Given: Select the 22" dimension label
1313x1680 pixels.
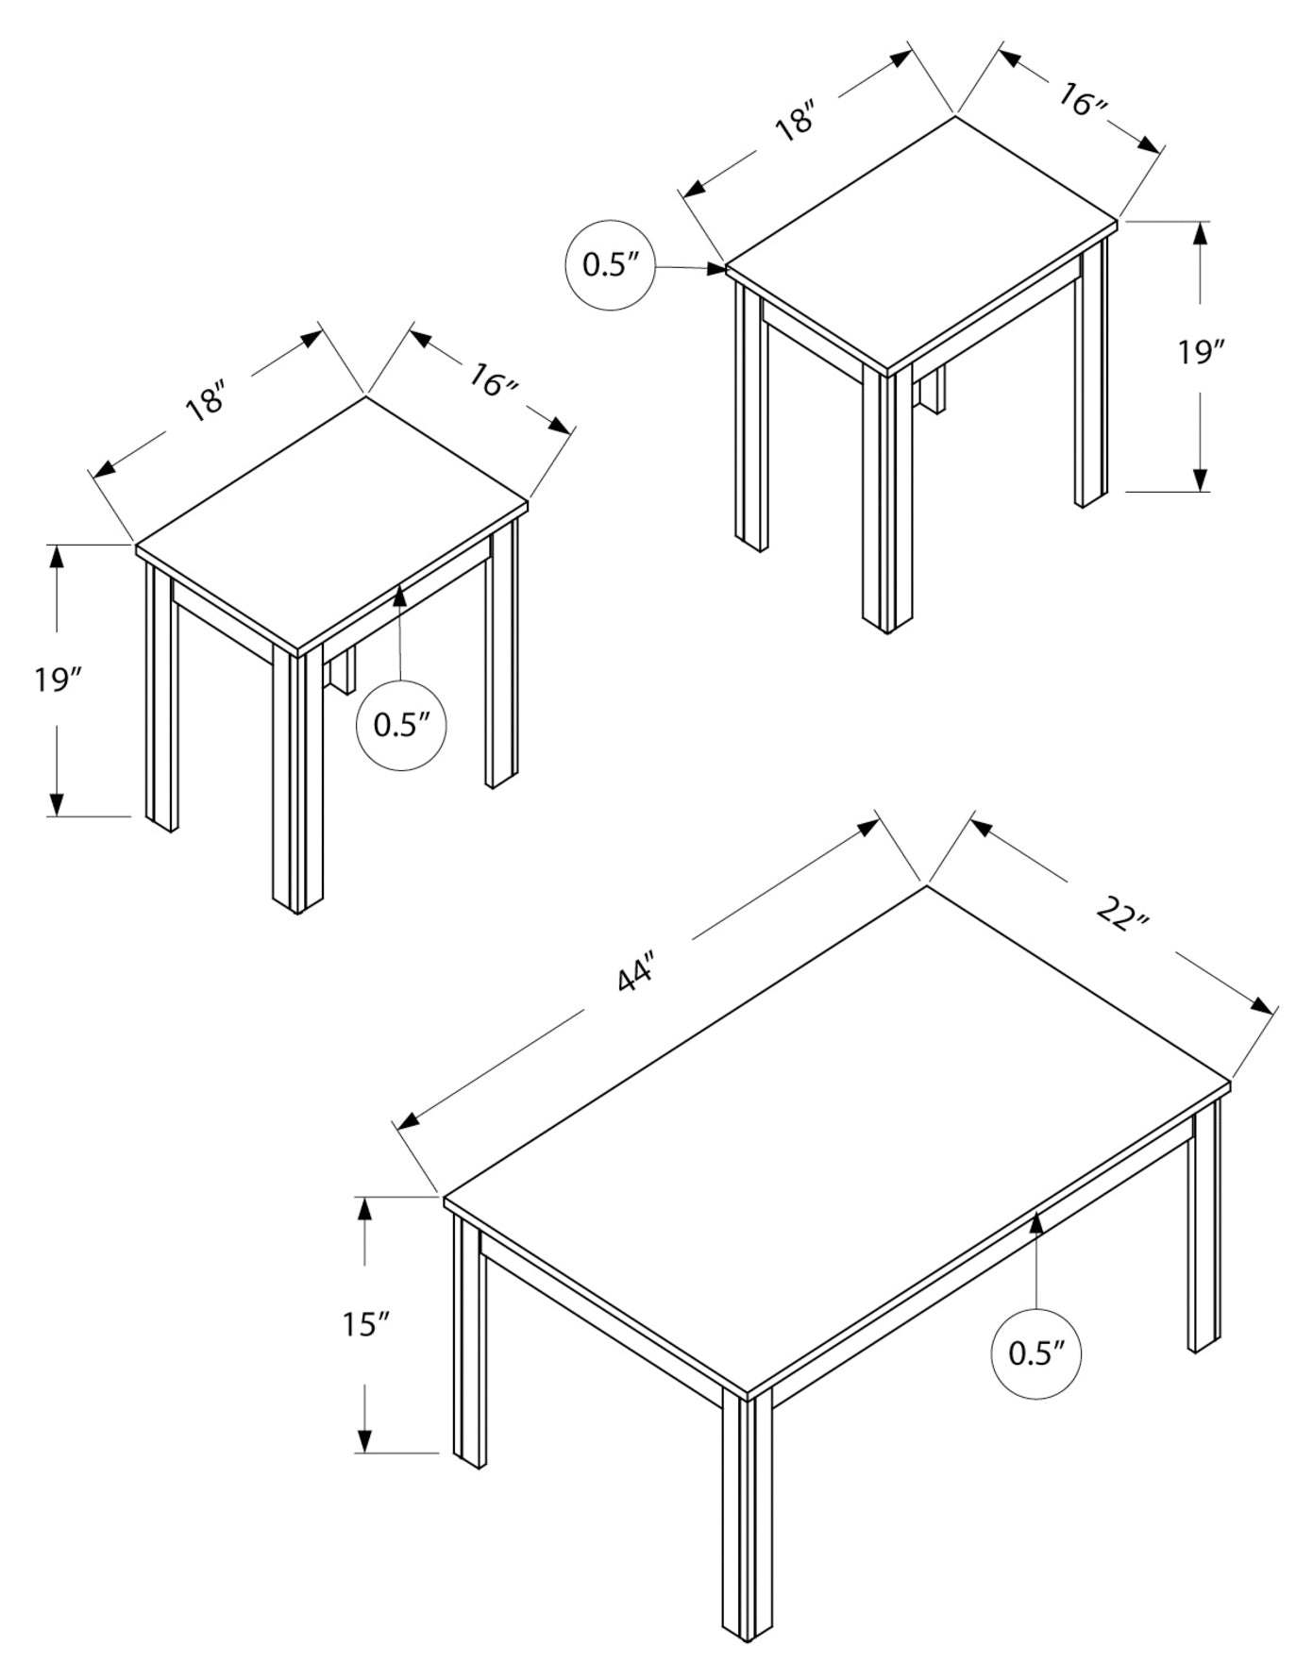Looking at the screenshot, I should [x=1122, y=915].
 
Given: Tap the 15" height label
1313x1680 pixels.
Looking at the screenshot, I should [x=365, y=1324].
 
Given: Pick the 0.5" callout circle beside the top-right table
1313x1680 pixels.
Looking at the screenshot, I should [x=608, y=265].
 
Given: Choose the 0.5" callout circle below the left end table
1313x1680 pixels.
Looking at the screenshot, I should [x=401, y=725].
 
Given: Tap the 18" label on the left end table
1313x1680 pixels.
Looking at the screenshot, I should [x=207, y=399].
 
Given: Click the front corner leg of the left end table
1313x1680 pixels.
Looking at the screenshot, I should [x=297, y=783].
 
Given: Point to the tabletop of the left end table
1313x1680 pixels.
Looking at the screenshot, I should [x=330, y=524].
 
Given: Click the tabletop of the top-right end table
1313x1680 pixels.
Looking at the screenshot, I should [x=920, y=241].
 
